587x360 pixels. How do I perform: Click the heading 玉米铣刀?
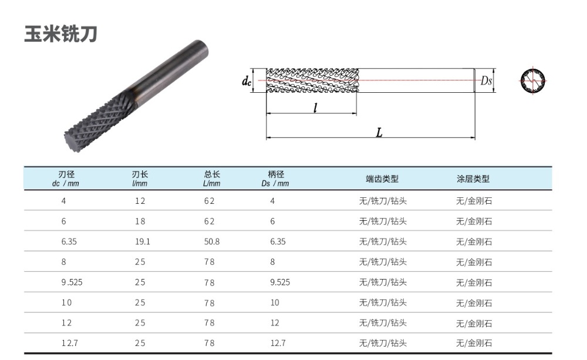(60, 33)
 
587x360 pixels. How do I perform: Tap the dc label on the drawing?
(247, 80)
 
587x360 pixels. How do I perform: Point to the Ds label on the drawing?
(486, 80)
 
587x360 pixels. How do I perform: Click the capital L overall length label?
(379, 132)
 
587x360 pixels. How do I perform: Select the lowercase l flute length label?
(315, 108)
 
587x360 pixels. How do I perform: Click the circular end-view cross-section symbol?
(532, 80)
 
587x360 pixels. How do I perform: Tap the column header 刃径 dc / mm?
(66, 179)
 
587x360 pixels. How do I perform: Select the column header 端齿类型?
(382, 179)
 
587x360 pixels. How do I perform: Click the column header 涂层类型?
(473, 179)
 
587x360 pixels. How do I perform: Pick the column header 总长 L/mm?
(211, 179)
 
